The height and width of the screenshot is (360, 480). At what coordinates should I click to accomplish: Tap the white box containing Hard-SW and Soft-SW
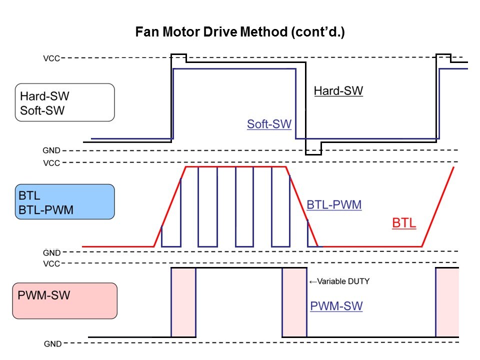point(65,102)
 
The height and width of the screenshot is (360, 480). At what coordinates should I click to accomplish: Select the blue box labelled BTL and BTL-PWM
point(65,201)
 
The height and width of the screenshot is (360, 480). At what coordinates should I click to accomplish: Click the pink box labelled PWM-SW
point(65,300)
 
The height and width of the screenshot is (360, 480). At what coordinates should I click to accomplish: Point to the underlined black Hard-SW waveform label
point(338,91)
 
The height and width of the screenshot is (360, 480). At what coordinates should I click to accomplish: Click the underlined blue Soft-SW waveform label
point(269,124)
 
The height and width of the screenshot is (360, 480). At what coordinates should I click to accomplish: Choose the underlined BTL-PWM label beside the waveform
point(334,204)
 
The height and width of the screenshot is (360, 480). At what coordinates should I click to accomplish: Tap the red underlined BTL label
point(404,223)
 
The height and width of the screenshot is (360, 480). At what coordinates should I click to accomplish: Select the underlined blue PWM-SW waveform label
point(336,306)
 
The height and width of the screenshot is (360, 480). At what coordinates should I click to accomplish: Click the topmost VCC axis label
point(51,58)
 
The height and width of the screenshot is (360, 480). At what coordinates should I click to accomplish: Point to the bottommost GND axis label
point(52,344)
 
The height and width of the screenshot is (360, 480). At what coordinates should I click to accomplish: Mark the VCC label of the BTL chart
point(51,163)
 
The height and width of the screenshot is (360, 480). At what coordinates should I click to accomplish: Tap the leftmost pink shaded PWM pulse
point(183,302)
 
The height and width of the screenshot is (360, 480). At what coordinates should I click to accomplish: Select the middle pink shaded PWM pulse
point(294,302)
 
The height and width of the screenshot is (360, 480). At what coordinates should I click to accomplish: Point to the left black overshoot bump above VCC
point(179,57)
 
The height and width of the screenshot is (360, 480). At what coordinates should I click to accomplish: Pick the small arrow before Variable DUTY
point(313,281)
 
